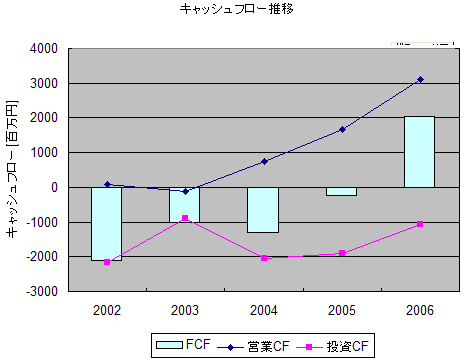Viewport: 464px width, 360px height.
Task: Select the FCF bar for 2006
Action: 419,152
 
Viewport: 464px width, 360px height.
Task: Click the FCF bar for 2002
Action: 107,224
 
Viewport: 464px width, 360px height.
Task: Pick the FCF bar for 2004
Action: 263,210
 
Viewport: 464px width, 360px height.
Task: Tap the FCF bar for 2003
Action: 185,205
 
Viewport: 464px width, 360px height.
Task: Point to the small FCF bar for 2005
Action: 341,191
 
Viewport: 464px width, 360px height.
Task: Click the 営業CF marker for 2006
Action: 420,79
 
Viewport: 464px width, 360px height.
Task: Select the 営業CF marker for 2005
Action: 342,129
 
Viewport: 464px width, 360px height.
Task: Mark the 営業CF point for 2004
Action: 264,161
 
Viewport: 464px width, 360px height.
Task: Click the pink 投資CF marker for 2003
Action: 185,218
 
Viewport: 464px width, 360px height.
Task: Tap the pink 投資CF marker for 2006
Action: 420,224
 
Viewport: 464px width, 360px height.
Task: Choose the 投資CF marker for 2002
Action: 107,262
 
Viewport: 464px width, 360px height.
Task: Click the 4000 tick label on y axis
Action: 45,48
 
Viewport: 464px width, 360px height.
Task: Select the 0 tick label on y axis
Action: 56,188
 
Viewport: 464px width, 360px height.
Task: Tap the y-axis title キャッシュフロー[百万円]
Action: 12,171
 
